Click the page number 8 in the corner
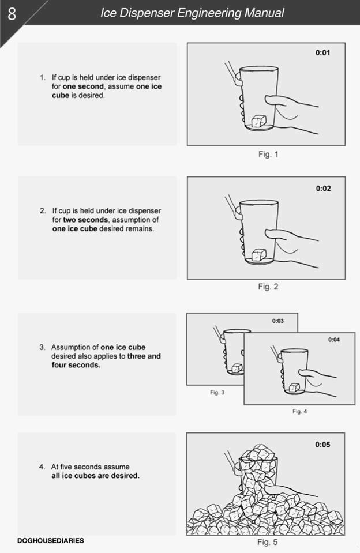click(12, 13)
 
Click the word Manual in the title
click(262, 13)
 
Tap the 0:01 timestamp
click(323, 53)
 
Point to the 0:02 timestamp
click(323, 189)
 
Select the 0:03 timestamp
click(277, 321)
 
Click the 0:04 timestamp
click(334, 340)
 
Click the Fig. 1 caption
click(268, 155)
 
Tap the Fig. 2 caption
click(268, 287)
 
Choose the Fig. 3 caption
click(217, 393)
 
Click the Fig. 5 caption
click(267, 542)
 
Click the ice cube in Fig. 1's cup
click(258, 121)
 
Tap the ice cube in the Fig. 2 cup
click(258, 254)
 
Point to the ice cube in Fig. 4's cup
click(294, 388)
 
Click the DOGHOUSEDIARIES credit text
click(51, 540)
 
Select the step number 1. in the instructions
click(43, 77)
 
